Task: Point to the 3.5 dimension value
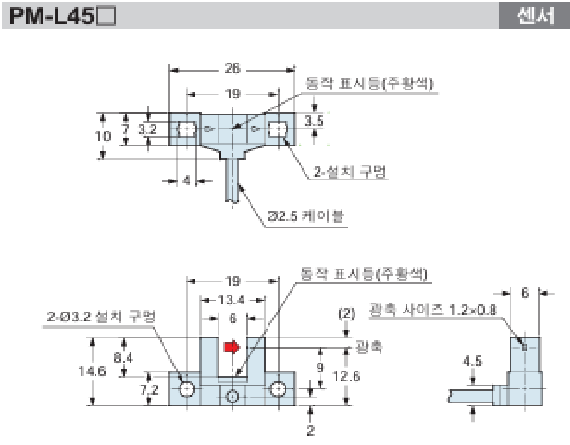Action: click(316, 122)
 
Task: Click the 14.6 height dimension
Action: click(92, 371)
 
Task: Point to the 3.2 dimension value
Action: click(147, 128)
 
